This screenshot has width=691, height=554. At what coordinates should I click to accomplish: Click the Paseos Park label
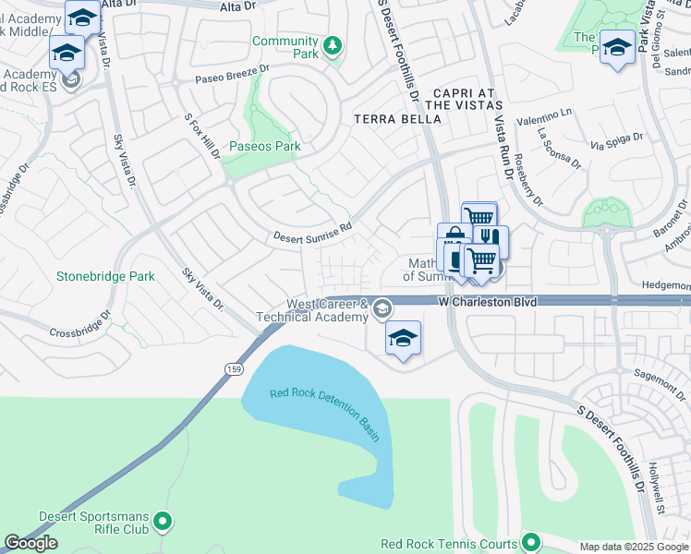coord(264,146)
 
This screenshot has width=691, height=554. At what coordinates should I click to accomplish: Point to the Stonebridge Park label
coord(105,276)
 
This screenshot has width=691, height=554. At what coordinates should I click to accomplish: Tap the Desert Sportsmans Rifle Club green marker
coord(163,523)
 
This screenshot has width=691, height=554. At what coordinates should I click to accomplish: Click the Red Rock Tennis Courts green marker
coord(530,543)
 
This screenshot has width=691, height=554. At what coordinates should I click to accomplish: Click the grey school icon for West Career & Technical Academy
coord(381,309)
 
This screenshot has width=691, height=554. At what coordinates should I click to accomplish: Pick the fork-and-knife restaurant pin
coord(491,239)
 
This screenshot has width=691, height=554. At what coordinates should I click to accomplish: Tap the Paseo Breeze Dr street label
coord(231,74)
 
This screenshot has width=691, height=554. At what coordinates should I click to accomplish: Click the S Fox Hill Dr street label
coord(202,137)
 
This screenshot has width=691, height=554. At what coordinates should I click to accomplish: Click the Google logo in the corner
coord(31,543)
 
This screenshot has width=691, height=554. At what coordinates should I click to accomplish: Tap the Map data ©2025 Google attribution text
coord(633,547)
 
